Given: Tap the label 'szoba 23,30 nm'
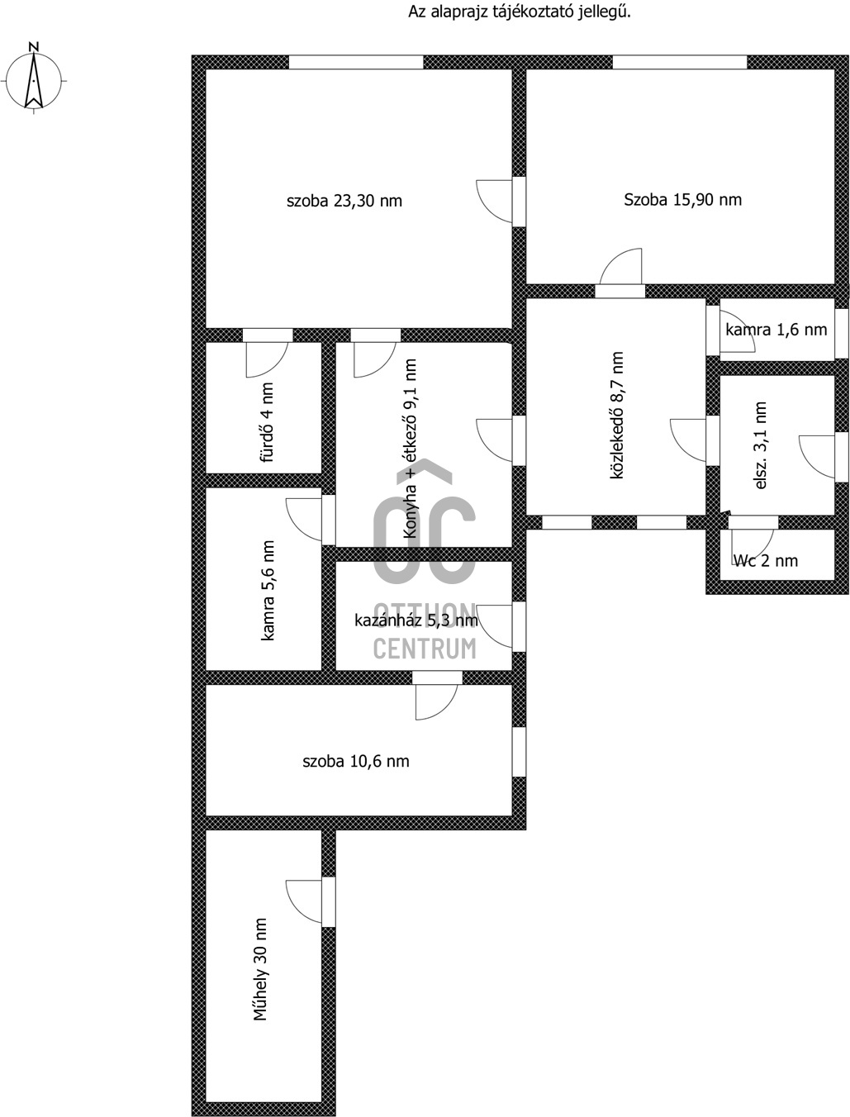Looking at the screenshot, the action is [344, 201].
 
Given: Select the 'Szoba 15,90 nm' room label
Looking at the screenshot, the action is [682, 199].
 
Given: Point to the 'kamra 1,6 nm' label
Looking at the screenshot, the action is [776, 330].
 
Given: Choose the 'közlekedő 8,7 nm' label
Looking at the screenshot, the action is [616, 415].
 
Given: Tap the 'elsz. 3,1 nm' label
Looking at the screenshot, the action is [761, 445].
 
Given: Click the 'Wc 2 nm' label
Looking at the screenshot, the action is [765, 561].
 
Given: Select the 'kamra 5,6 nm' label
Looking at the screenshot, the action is [268, 590].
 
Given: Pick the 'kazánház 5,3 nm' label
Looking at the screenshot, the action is [416, 620].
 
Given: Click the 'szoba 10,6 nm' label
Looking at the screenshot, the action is [355, 761].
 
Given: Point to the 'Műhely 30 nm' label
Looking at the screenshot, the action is [260, 969].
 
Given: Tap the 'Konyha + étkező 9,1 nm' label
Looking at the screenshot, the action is [410, 449].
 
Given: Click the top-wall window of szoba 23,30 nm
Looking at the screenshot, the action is [356, 62].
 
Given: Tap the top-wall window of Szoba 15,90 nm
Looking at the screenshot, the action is [680, 62].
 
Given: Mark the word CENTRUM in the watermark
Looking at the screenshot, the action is [425, 649].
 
